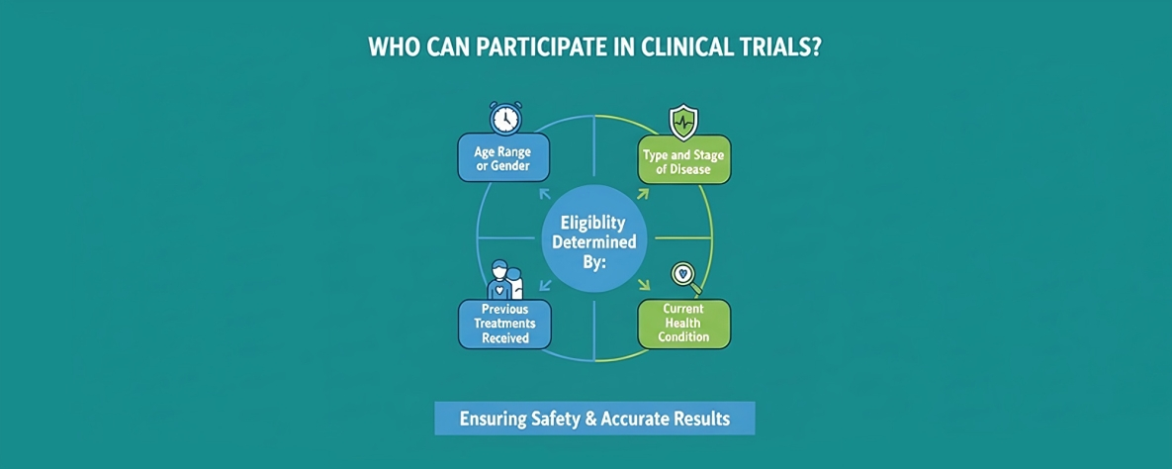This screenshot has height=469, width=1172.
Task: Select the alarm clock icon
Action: click(x=505, y=118)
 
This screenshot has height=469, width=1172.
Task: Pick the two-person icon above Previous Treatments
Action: click(x=505, y=279)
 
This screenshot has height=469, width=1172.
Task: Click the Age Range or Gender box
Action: click(x=503, y=158)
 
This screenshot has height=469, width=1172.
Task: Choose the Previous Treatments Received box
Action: click(x=505, y=325)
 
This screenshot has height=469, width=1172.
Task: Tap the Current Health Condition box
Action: click(x=683, y=324)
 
